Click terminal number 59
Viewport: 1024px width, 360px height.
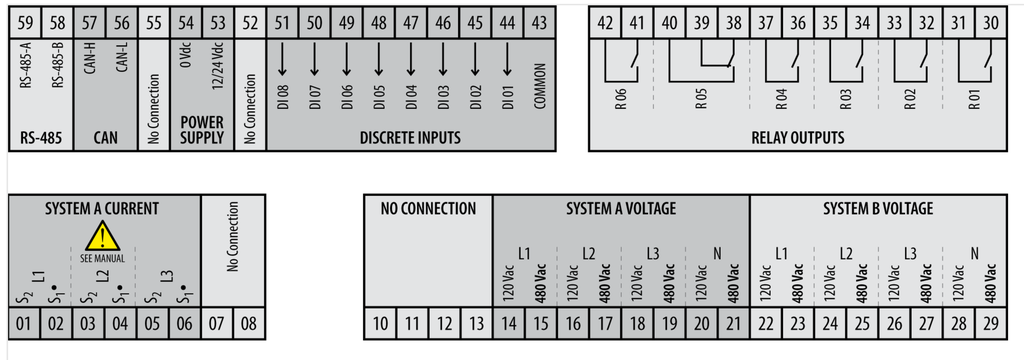(26, 21)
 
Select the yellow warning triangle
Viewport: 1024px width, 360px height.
(102, 238)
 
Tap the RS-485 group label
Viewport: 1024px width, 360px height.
(42, 138)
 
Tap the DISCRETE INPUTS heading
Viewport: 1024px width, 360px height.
(410, 138)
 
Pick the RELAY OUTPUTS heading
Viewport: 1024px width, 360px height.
(797, 138)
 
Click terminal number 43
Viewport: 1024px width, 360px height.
(539, 21)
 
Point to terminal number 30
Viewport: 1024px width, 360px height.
(990, 21)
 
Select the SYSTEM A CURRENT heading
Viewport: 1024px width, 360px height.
(102, 209)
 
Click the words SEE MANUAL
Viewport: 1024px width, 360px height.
(102, 258)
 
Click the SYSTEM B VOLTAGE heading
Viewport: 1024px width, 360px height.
(878, 209)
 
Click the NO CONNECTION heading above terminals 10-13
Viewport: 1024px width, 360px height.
(428, 209)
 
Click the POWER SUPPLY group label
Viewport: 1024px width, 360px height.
(202, 131)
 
